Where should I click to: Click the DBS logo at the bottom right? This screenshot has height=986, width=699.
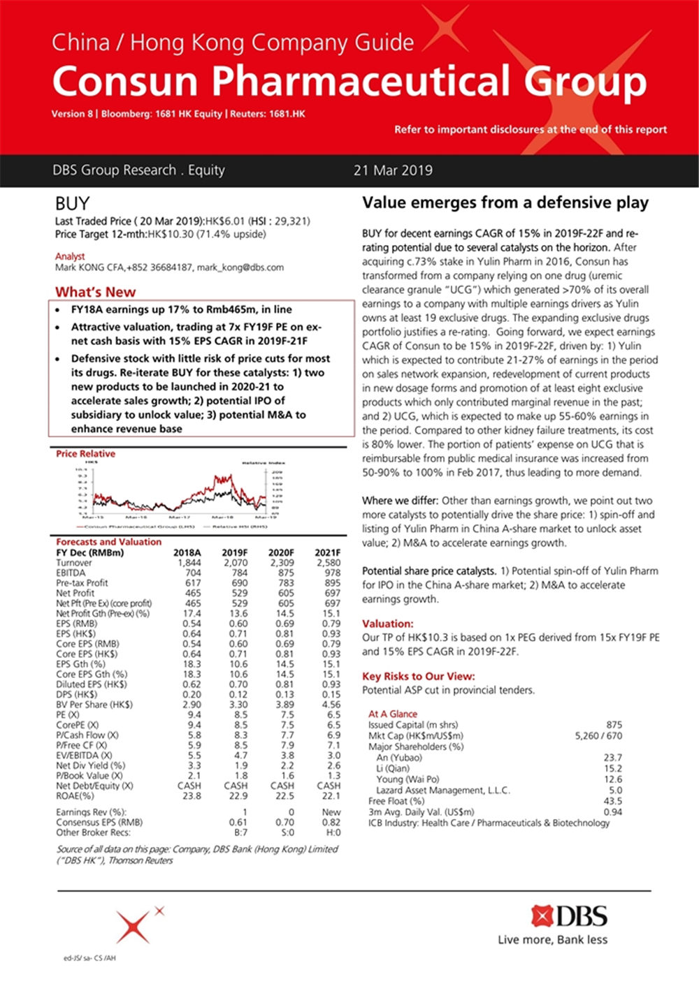click(x=569, y=915)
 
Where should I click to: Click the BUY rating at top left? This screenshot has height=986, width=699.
click(x=72, y=204)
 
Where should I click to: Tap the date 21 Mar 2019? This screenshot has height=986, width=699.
click(x=393, y=170)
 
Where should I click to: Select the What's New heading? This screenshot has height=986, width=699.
click(x=95, y=292)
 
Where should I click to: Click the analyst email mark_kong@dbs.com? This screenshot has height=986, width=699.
click(x=240, y=267)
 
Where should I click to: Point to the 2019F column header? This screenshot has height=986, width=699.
click(x=234, y=552)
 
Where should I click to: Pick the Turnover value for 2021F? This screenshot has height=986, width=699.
click(x=329, y=562)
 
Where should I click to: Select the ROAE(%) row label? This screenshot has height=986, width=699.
click(x=75, y=795)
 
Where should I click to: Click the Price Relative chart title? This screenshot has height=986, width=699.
click(x=86, y=454)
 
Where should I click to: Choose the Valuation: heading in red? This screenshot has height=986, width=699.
click(x=387, y=624)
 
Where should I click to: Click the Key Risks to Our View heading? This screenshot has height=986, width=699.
click(x=418, y=676)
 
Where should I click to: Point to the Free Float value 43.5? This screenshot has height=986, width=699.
click(x=612, y=801)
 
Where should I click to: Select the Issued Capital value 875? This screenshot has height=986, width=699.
click(x=614, y=725)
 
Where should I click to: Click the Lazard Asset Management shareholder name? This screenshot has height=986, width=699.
click(x=443, y=790)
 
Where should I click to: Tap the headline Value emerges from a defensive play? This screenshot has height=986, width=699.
click(x=505, y=203)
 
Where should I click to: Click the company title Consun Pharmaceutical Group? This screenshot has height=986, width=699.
click(x=349, y=81)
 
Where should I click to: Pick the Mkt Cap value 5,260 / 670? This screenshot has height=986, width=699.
click(x=598, y=735)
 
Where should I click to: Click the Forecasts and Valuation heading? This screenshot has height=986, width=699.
click(x=108, y=542)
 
